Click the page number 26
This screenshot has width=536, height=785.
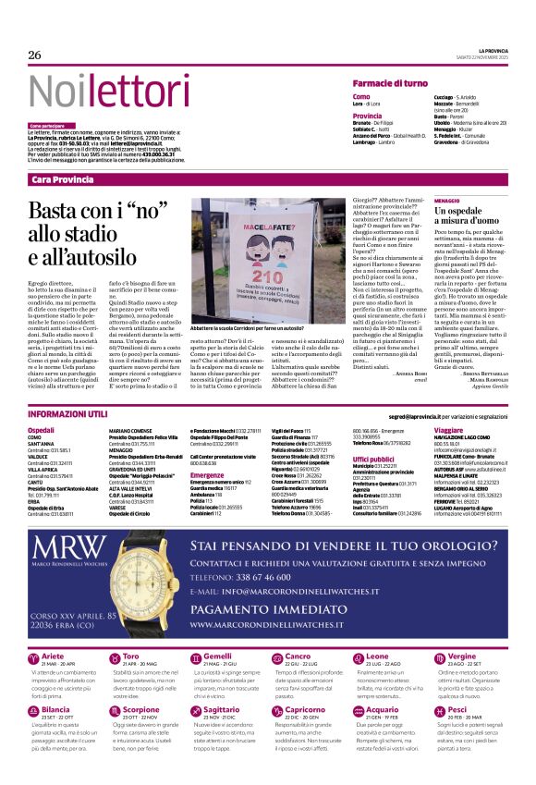[x=35, y=55]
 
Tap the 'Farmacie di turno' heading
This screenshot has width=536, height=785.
[x=389, y=83]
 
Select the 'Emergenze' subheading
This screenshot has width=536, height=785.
[x=207, y=475]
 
